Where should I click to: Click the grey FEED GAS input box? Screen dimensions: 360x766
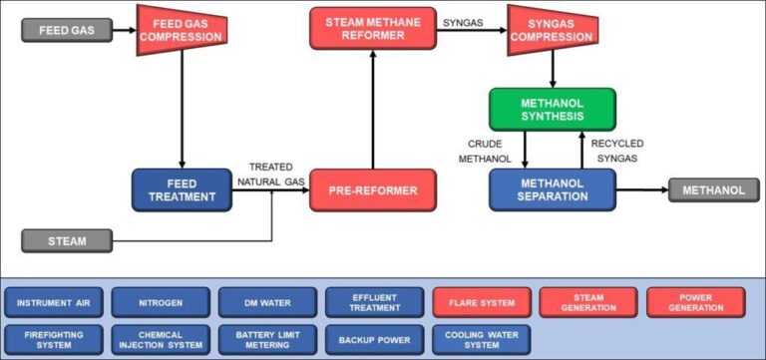coord(67,30)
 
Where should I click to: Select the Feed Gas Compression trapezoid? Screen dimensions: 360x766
coord(182,29)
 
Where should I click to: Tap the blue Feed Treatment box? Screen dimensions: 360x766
coord(182,189)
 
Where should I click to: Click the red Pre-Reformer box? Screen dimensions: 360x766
coord(373,189)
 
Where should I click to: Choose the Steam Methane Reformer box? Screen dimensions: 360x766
coord(372,29)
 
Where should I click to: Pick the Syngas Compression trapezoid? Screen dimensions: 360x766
coord(552,29)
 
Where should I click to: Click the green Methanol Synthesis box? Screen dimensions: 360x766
coord(552,109)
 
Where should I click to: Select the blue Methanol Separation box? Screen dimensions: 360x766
coord(552,189)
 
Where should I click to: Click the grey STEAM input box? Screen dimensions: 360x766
coord(67,240)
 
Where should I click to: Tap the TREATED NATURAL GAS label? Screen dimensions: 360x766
coord(270,175)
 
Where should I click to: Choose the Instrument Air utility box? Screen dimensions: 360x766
coord(52,302)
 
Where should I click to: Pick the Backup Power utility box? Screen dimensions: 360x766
coord(374,339)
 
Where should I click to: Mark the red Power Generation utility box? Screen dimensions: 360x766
coord(695,302)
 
